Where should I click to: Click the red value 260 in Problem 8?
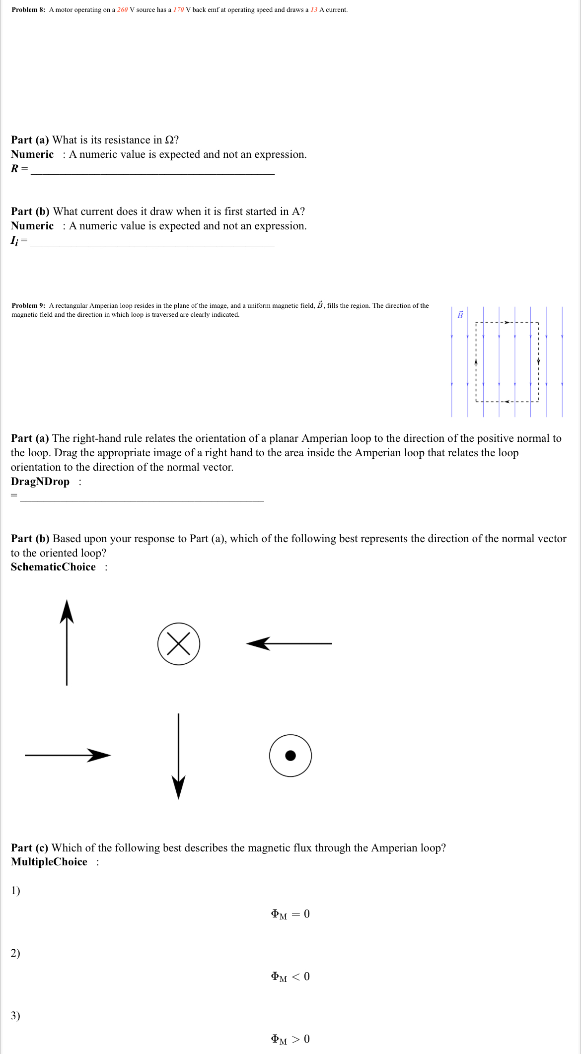click(122, 10)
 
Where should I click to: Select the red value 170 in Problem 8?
click(178, 10)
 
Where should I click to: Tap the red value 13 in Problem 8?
click(314, 10)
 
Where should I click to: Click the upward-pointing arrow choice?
click(67, 642)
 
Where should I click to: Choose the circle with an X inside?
click(179, 644)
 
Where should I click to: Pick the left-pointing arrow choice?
click(289, 644)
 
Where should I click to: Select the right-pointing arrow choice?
click(68, 755)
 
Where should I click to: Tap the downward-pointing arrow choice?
click(179, 756)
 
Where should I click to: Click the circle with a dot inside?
click(290, 756)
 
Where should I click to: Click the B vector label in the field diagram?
click(460, 315)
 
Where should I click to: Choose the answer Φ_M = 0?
click(290, 914)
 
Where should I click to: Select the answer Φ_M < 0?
click(290, 977)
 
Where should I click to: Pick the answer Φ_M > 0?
click(290, 1039)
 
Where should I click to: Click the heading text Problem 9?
click(28, 306)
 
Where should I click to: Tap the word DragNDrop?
click(40, 482)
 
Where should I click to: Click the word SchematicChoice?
click(53, 567)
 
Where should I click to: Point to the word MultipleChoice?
click(49, 862)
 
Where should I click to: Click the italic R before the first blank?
click(14, 169)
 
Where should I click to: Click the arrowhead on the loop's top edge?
click(507, 323)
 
